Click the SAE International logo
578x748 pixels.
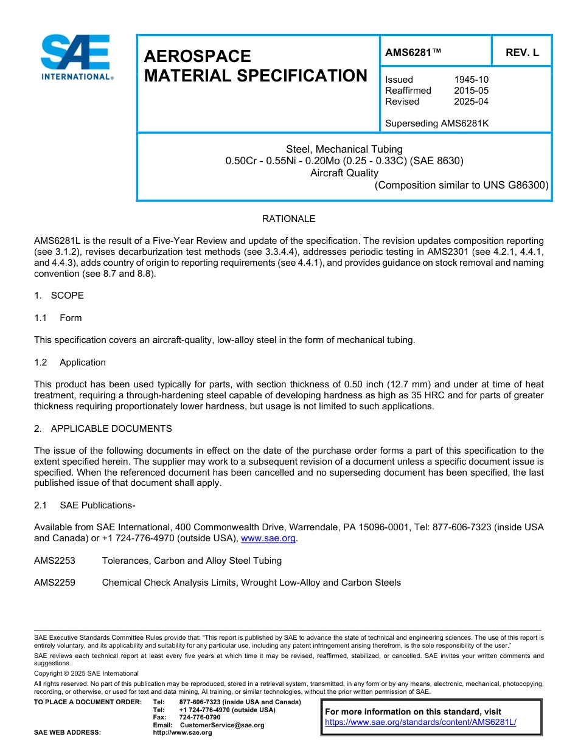[77, 57]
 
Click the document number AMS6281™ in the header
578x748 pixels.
[413, 53]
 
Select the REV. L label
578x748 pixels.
[522, 53]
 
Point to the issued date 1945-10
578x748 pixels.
[471, 80]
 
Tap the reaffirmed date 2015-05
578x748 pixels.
[471, 91]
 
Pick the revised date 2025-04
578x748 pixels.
[471, 102]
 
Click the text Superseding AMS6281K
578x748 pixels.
[437, 123]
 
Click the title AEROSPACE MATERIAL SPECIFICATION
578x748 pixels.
[256, 66]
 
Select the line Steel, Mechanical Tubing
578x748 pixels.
[344, 149]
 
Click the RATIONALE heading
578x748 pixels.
[288, 219]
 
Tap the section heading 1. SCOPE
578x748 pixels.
[59, 296]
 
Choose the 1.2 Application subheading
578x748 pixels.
[70, 362]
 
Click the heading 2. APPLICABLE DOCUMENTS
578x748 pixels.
[103, 429]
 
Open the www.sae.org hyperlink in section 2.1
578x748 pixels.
[268, 538]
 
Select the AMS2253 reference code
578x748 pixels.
[55, 561]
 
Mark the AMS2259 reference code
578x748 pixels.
[55, 583]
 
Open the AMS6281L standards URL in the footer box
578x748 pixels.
[420, 722]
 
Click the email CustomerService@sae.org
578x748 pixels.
[221, 725]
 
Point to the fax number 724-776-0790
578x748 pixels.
[200, 718]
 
